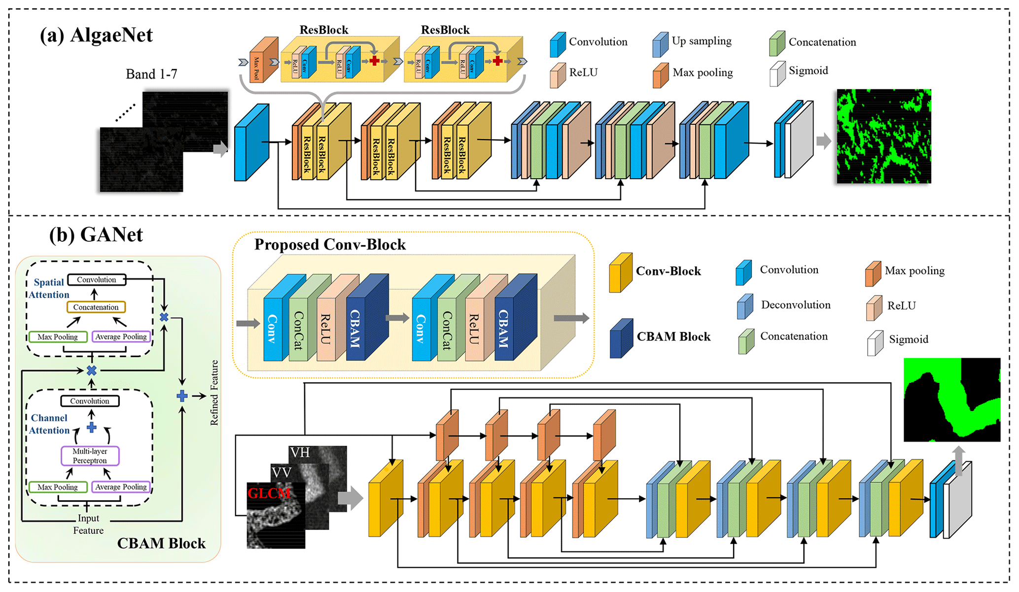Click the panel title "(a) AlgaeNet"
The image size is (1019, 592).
click(x=97, y=36)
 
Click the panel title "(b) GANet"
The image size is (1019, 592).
click(x=96, y=235)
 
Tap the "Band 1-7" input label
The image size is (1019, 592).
click(x=151, y=74)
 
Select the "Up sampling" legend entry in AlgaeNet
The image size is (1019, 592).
click(x=701, y=41)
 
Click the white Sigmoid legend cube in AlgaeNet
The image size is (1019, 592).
click(x=777, y=74)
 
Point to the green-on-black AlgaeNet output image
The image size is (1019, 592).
click(x=883, y=136)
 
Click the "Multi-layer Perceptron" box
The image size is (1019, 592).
click(x=90, y=456)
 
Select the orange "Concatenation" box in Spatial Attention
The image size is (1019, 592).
click(x=96, y=307)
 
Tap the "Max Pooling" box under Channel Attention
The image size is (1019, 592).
click(x=58, y=487)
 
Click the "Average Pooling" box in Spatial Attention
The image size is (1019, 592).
click(x=121, y=337)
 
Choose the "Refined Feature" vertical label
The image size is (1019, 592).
click(x=214, y=393)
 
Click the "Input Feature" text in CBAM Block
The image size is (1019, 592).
click(x=88, y=524)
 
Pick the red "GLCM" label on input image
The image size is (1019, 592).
click(x=269, y=493)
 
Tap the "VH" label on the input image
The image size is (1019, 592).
click(x=300, y=452)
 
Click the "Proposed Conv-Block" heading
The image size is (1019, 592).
click(x=330, y=245)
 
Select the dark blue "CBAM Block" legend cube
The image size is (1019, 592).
click(x=621, y=338)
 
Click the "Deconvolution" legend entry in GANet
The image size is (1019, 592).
click(x=795, y=305)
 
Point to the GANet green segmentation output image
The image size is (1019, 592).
click(x=951, y=400)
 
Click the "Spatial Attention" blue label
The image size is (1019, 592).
click(x=48, y=289)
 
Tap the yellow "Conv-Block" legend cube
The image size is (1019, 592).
click(x=620, y=273)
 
